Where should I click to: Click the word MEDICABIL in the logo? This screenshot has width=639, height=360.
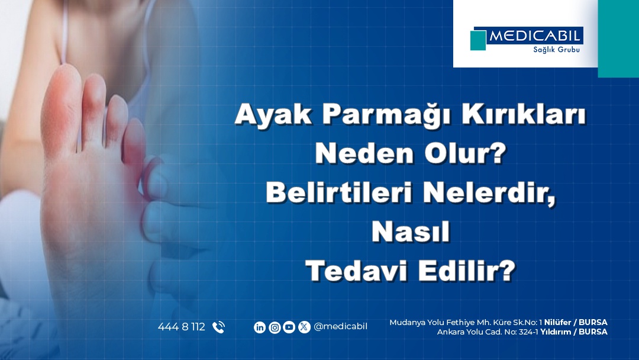535,36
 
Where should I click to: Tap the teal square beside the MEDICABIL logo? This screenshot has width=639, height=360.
477,40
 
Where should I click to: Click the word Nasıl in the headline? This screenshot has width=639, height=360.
411,232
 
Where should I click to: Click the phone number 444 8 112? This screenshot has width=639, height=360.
182,327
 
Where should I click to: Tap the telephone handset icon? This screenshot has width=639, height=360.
218,327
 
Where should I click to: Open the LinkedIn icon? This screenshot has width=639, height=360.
260,327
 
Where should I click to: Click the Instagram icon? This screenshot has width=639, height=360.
275,327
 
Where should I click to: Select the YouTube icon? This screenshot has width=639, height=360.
289,327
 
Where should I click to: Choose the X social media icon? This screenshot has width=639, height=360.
304,327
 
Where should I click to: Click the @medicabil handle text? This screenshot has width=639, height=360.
341,327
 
